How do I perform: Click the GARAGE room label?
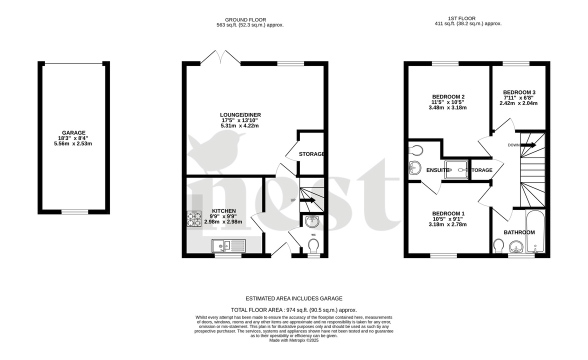[73, 133]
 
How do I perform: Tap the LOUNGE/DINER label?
[241, 115]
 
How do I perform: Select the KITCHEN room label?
[223, 211]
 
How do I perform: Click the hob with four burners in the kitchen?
[194, 219]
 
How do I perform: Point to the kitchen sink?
[228, 245]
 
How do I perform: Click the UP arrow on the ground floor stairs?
[307, 200]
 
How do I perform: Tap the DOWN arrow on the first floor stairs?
[528, 145]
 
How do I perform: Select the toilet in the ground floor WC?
[313, 246]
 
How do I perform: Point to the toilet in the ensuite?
[416, 150]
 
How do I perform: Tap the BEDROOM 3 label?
[519, 92]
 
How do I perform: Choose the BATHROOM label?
[519, 232]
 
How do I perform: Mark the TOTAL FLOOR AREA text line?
[293, 310]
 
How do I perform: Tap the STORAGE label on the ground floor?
[312, 154]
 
